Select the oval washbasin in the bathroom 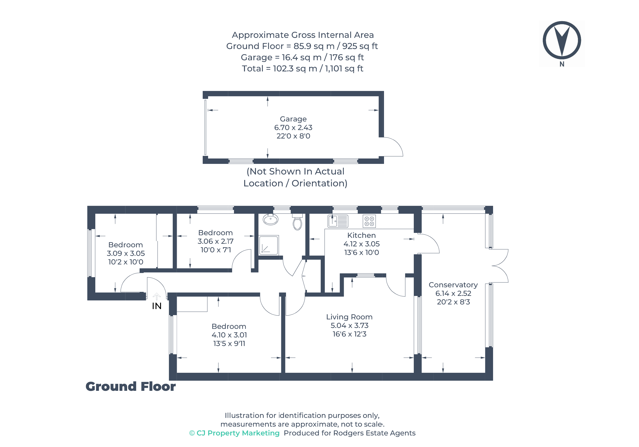pyautogui.click(x=270, y=220)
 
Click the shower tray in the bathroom pyautogui.click(x=269, y=245)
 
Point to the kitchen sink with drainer pyautogui.click(x=338, y=221)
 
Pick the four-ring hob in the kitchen pyautogui.click(x=369, y=221)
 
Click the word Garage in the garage pyautogui.click(x=293, y=119)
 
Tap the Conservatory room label pyautogui.click(x=453, y=285)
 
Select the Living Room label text pyautogui.click(x=349, y=317)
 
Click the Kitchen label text pyautogui.click(x=361, y=235)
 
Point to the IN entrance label pyautogui.click(x=157, y=306)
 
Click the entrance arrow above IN pyautogui.click(x=157, y=296)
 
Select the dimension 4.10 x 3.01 pyautogui.click(x=229, y=335)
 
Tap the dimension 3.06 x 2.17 pyautogui.click(x=215, y=241)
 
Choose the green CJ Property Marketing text pyautogui.click(x=234, y=433)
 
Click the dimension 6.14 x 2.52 pyautogui.click(x=453, y=294)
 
